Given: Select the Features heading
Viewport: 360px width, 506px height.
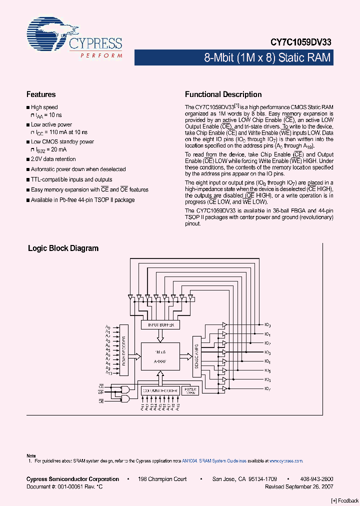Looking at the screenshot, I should coord(41,94).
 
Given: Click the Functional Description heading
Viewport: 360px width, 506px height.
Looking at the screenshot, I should coord(223,94).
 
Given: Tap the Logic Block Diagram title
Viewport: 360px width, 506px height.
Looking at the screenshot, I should coord(63,248).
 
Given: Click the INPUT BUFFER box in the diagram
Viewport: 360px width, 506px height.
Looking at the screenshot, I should coord(160,324).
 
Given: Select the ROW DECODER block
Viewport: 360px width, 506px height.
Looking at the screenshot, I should coord(123,350).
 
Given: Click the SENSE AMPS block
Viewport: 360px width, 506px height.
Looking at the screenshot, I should coord(196,356).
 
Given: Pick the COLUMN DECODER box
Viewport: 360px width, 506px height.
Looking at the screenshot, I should coord(159,390).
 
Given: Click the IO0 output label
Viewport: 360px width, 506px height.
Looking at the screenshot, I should coord(267,324).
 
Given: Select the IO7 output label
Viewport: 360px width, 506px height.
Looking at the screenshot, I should coord(267,389).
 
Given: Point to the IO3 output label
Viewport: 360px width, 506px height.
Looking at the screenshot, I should coord(267,352).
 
